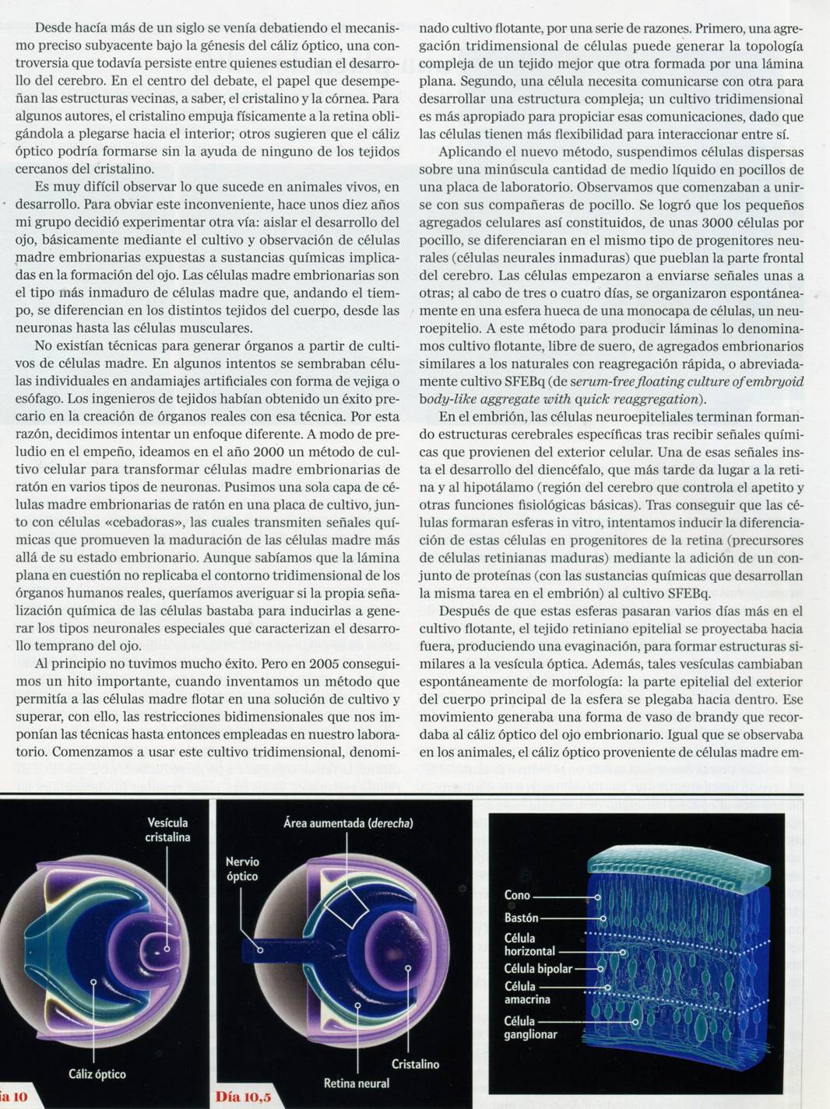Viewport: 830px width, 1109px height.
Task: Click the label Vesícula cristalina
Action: [167, 830]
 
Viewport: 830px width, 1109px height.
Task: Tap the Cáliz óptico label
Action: [97, 1074]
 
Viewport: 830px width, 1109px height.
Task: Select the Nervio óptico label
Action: [242, 869]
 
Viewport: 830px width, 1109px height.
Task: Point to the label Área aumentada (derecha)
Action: [348, 823]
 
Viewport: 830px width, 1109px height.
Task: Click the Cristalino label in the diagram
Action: [415, 1064]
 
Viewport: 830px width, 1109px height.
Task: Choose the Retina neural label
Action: [357, 1083]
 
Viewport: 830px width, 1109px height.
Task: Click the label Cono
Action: [517, 895]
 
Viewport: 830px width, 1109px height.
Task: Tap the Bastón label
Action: [521, 918]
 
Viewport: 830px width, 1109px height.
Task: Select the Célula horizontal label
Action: [529, 945]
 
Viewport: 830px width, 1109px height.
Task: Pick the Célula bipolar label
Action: [538, 969]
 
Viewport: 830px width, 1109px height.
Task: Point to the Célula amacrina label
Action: [527, 992]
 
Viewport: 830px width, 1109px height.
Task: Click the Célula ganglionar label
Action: [530, 1027]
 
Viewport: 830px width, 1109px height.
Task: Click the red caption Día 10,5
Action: [244, 1097]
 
